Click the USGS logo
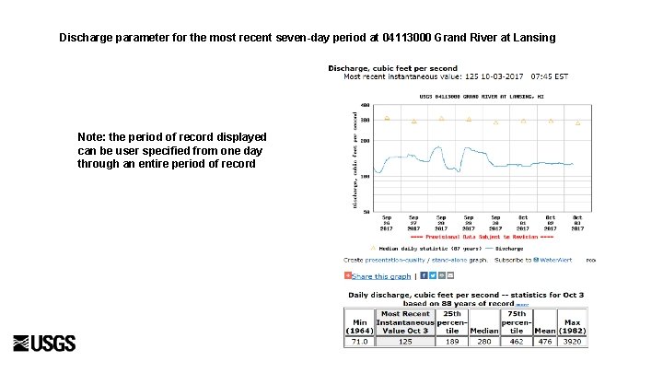(x=44, y=344)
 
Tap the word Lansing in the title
(x=531, y=39)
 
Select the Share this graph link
(x=381, y=275)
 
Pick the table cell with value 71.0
(x=357, y=341)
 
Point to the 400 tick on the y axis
(x=366, y=105)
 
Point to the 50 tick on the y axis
(x=366, y=212)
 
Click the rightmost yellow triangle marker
(x=578, y=122)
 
